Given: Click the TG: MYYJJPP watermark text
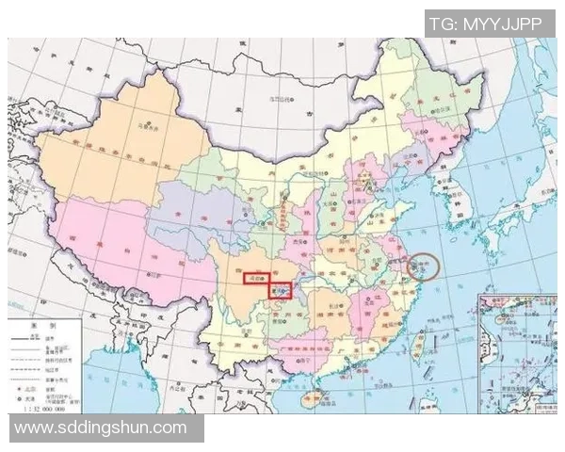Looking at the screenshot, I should coord(491,24).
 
